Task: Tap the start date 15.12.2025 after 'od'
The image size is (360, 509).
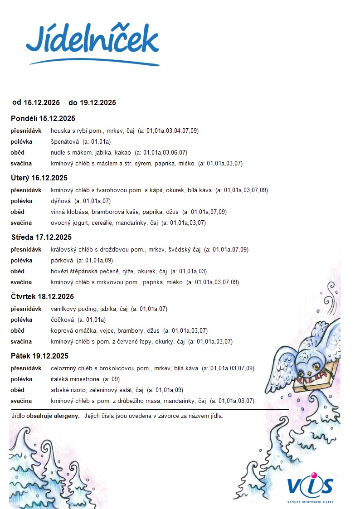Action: click(42, 103)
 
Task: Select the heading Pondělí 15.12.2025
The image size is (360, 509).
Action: click(43, 119)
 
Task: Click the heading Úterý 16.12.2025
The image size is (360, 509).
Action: click(39, 178)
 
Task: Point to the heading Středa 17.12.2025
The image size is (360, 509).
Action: click(41, 238)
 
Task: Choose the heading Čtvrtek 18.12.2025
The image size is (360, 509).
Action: click(42, 297)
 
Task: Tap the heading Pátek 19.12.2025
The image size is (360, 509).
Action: click(39, 356)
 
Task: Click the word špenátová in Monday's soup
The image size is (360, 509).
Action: click(65, 142)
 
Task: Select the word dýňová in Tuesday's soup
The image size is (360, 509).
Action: click(61, 201)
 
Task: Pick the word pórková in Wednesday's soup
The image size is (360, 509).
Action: click(62, 261)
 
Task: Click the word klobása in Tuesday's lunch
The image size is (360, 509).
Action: click(78, 212)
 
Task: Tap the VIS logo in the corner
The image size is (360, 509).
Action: click(310, 487)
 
